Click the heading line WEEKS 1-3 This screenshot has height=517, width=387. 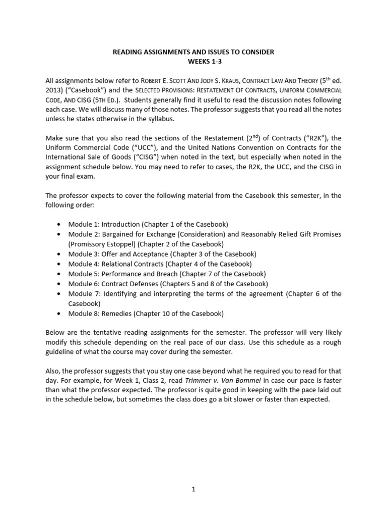click(x=193, y=61)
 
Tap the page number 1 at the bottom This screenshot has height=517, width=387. click(x=193, y=489)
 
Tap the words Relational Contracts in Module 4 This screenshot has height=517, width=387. click(x=130, y=264)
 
